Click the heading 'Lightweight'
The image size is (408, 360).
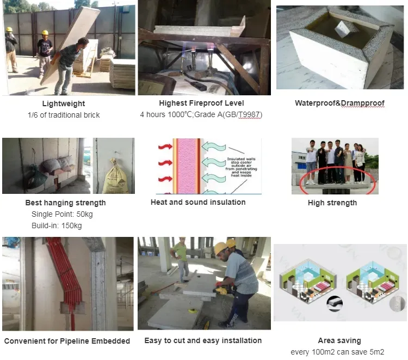[64, 103]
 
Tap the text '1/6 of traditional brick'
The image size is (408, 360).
[64, 115]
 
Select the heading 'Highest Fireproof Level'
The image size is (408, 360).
[201, 103]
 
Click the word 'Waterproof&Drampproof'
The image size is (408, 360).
[339, 103]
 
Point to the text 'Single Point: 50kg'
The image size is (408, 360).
[61, 214]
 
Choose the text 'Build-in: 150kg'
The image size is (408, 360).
[57, 225]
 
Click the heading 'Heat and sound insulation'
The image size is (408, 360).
[198, 202]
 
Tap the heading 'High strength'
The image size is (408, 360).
[332, 203]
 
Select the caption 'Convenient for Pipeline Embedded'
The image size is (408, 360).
[67, 341]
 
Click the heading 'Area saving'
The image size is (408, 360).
[339, 340]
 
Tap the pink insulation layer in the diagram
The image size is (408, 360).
[187, 166]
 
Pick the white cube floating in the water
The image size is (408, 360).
[343, 28]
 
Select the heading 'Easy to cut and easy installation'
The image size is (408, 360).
[203, 340]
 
